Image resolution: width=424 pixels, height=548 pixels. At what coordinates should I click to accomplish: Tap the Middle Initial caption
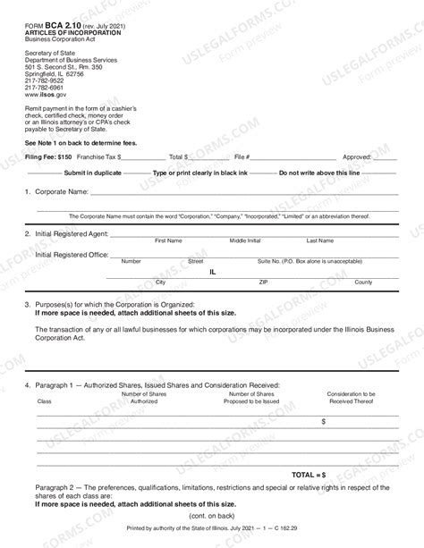245,241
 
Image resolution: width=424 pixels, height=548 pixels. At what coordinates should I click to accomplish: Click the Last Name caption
320,241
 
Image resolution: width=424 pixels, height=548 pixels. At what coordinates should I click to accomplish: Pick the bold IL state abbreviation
213,269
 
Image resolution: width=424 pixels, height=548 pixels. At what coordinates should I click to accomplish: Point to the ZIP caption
263,282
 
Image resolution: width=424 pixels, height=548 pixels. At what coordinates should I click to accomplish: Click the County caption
363,282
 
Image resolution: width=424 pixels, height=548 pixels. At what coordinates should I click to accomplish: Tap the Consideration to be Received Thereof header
352,398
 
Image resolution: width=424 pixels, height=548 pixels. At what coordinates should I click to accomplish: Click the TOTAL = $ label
308,475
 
